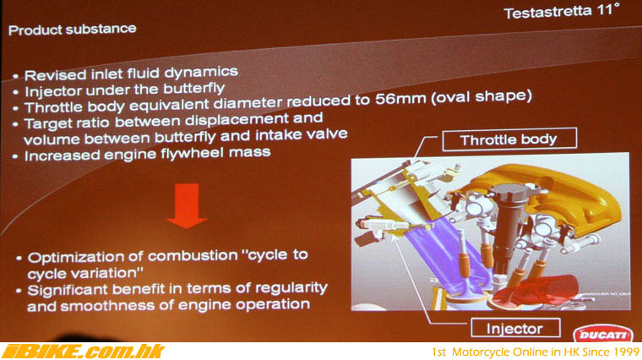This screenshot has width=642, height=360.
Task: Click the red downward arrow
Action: coord(187,205)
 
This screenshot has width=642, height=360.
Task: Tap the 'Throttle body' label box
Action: coord(509,139)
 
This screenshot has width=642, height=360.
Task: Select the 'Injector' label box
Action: coord(515,328)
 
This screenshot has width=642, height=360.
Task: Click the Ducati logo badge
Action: coord(602,334)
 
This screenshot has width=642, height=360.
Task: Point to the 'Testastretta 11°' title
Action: coord(562,11)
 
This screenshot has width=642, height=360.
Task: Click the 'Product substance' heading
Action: coord(73,29)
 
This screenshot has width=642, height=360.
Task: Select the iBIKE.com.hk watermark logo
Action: coord(83,352)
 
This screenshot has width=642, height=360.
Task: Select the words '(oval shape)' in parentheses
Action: coord(481,96)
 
